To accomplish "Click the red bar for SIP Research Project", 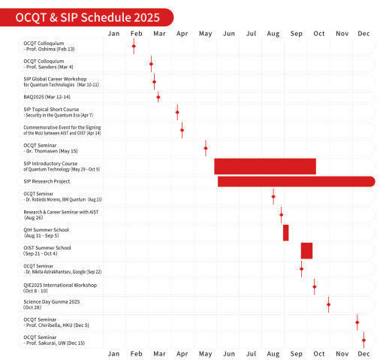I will tap(296, 181).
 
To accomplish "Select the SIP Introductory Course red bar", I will tap(265, 166).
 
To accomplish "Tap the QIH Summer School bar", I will tap(286, 233).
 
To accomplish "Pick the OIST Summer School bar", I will tap(306, 250).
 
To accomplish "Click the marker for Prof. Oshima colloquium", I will tap(134, 47).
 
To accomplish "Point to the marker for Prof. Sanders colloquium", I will tap(151, 64).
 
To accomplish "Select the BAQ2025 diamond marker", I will tap(158, 96).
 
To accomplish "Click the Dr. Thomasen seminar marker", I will tap(206, 147).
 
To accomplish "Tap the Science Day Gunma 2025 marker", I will tap(328, 304).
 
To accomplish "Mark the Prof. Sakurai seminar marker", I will tap(363, 340).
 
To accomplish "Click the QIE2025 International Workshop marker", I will tap(314, 286).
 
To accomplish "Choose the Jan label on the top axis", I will tap(113, 33).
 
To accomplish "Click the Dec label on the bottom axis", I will tap(363, 352).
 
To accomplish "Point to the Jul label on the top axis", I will tap(252, 33).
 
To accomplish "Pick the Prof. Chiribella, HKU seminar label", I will tap(56, 322).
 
